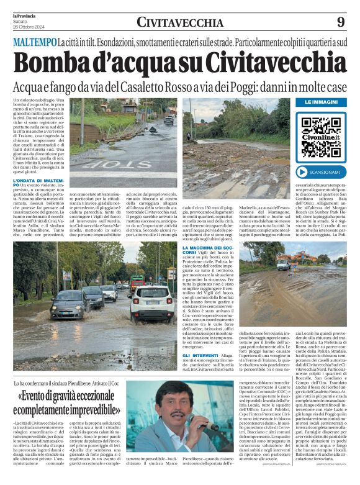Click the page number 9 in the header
click(341, 22)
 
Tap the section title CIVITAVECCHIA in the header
click(180, 22)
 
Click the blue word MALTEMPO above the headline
click(34, 42)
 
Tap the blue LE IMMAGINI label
click(321, 102)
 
